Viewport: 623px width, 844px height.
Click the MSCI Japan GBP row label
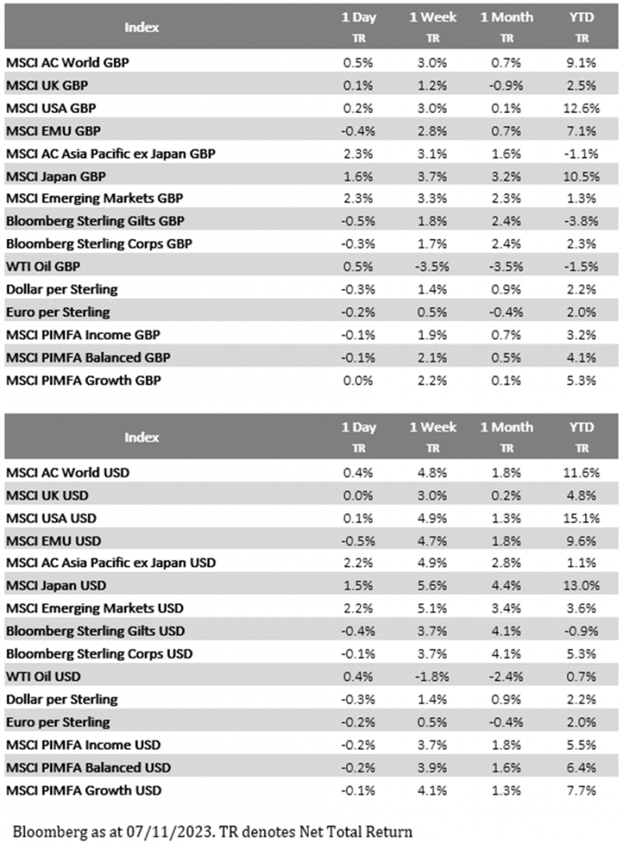point(56,176)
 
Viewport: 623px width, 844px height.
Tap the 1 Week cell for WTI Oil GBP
point(429,266)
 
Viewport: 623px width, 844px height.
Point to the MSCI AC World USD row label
point(68,472)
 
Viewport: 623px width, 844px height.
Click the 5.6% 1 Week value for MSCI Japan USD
point(429,585)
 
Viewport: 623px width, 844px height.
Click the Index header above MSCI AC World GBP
point(142,26)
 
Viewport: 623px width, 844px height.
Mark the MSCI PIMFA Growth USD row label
point(83,790)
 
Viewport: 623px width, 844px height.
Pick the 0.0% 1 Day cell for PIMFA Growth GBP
point(355,380)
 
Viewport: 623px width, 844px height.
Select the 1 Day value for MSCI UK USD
point(355,495)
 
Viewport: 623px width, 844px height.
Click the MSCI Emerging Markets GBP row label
point(94,198)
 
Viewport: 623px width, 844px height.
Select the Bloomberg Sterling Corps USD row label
point(99,654)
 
